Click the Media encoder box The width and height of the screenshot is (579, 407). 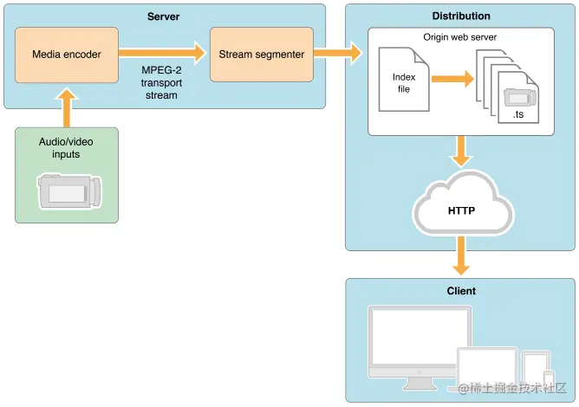click(68, 55)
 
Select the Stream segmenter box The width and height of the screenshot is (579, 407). click(261, 55)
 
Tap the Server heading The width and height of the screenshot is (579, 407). click(165, 16)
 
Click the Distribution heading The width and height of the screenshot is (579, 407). click(460, 16)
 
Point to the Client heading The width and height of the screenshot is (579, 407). click(460, 291)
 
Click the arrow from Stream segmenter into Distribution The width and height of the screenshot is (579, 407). click(339, 55)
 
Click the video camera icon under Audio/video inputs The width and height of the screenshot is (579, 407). click(69, 190)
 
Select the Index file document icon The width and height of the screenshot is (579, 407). click(404, 82)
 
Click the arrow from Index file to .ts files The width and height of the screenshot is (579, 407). click(453, 80)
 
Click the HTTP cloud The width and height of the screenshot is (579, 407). click(460, 208)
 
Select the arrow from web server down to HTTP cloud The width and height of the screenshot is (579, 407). click(460, 152)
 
